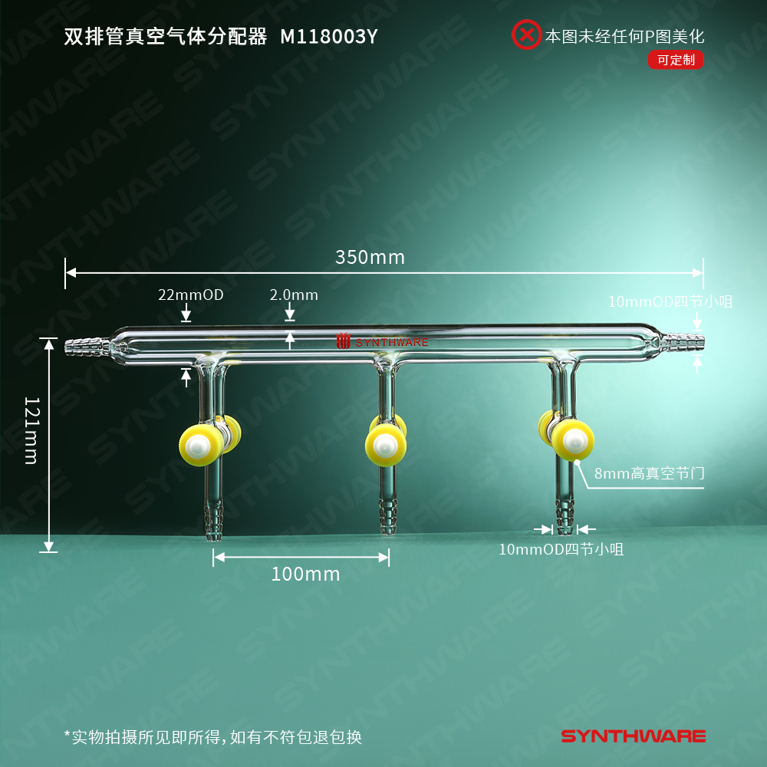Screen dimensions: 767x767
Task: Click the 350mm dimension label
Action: [370, 257]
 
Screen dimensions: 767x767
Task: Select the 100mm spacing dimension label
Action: [305, 574]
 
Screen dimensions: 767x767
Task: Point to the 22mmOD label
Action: [191, 295]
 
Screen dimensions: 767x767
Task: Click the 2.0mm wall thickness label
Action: [294, 295]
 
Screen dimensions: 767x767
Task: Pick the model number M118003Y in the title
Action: [329, 36]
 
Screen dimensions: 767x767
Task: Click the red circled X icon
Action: [526, 35]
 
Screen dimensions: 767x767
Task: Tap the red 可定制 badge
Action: [675, 60]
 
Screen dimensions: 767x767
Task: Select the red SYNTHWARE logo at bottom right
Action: [634, 736]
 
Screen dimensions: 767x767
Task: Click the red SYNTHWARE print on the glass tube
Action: [383, 342]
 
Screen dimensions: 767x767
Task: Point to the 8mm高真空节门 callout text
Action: [649, 474]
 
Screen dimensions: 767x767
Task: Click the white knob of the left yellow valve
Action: [200, 446]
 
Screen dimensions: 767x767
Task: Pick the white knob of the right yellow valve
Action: [573, 440]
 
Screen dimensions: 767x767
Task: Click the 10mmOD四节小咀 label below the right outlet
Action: [561, 549]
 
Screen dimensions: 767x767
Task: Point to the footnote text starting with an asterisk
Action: [212, 738]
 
